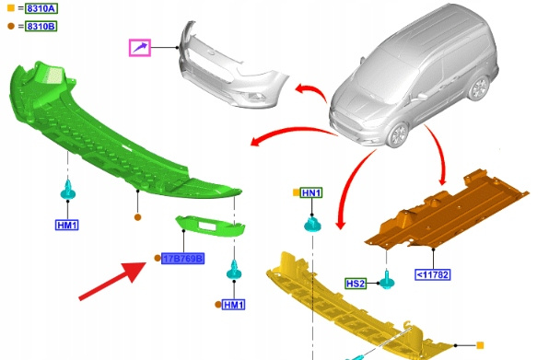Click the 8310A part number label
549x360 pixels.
coord(41,8)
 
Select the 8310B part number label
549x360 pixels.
coord(41,26)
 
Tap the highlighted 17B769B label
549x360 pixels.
coord(182,259)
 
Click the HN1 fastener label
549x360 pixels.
coord(311,192)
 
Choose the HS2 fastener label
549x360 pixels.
coord(356,283)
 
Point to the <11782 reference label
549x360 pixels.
coord(433,274)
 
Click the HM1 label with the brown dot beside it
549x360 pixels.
coord(234,305)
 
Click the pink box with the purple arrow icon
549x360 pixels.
coord(140,48)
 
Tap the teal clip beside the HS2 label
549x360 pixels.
coord(387,280)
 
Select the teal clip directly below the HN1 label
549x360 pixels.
coord(312,225)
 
